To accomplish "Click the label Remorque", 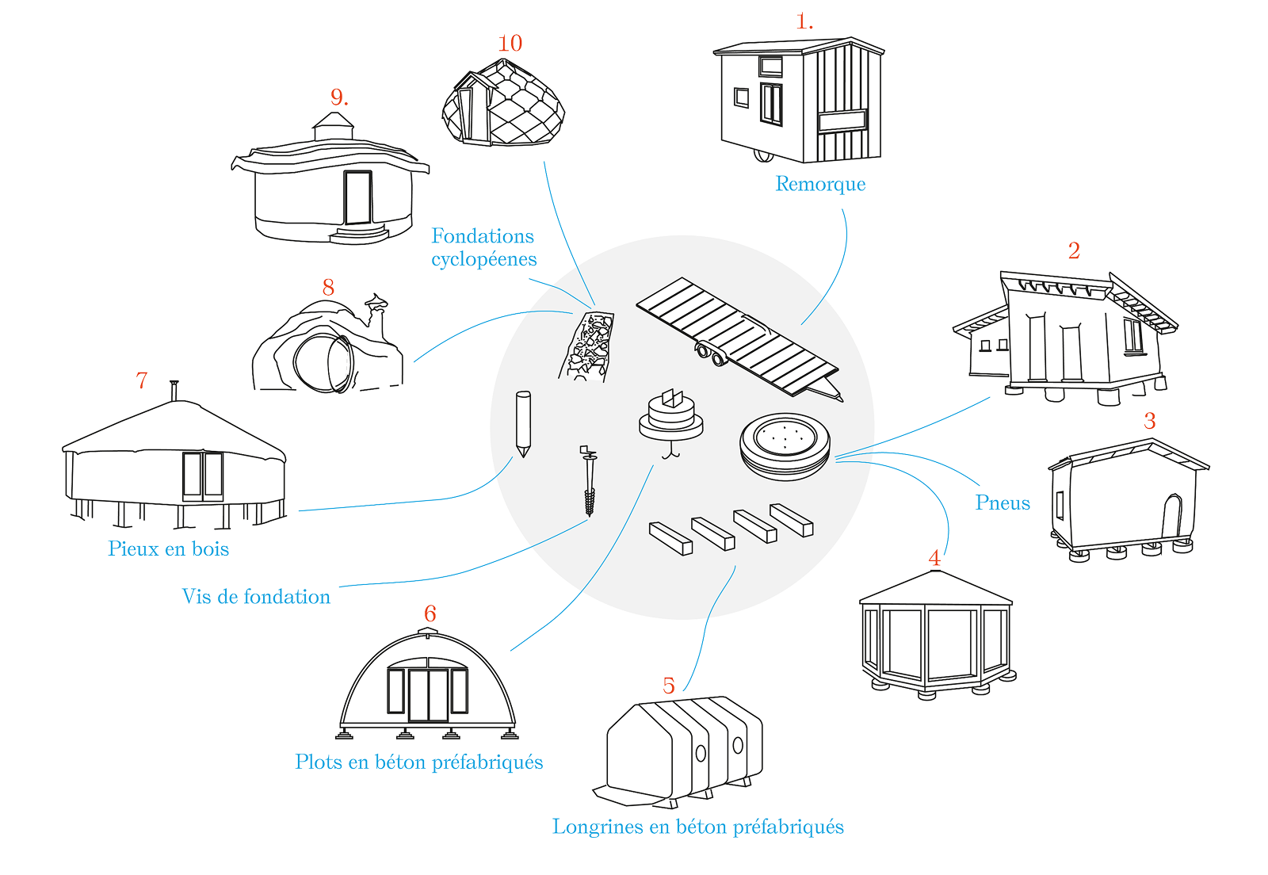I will click(820, 184).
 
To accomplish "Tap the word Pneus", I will click(1003, 503).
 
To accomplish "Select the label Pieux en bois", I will click(168, 549).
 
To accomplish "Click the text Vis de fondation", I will click(256, 597).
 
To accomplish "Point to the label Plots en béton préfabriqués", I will click(418, 762).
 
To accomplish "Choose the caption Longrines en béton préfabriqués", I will click(697, 827).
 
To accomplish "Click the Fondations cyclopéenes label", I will click(483, 247).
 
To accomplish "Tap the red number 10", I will click(510, 44).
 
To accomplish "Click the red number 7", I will click(142, 381).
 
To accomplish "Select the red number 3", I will click(1150, 421).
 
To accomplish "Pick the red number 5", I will click(669, 686).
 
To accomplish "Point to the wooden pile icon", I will click(522, 423).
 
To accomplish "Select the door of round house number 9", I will click(357, 198).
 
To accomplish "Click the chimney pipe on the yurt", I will click(174, 391).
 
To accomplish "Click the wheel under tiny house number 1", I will click(764, 155).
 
